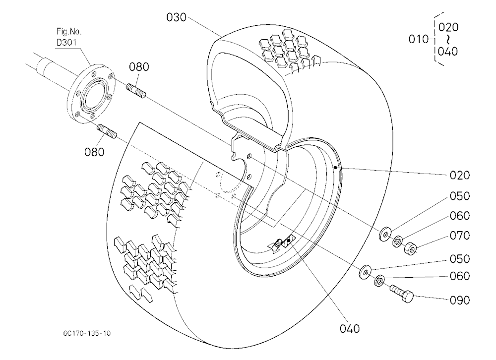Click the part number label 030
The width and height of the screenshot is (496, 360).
point(177,17)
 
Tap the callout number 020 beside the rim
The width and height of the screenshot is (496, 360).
point(460,175)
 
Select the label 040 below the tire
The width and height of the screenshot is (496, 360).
point(350,329)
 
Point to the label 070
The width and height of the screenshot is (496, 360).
point(460,236)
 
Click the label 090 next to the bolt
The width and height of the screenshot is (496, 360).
point(460,300)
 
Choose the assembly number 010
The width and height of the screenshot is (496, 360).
point(418,39)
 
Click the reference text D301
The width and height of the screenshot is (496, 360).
point(67,42)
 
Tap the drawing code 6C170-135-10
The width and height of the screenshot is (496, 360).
point(87,333)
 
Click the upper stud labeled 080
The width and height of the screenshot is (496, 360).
point(136,91)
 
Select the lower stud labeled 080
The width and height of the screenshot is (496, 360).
point(108,131)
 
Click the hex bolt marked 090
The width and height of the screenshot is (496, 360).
point(402,293)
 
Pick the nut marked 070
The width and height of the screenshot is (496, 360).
point(410,248)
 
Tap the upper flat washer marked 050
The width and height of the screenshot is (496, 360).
point(385,234)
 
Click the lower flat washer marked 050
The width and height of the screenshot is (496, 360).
point(366,272)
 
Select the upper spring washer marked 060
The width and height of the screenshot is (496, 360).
point(397,241)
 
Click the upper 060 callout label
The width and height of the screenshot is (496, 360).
point(460,216)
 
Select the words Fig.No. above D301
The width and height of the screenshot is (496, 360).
point(69,31)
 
